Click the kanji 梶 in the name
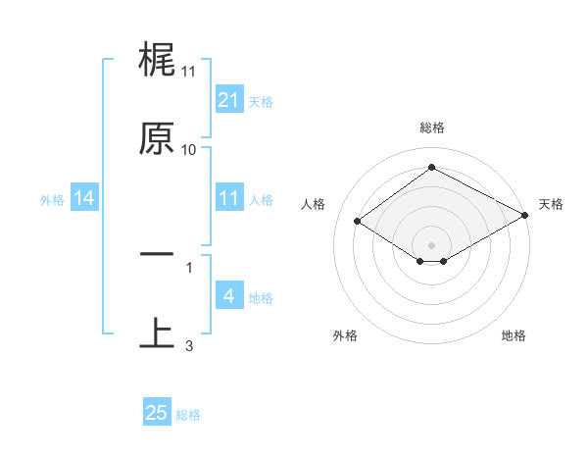click(x=158, y=61)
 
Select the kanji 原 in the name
click(x=158, y=139)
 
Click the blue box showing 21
click(x=228, y=100)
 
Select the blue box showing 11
click(x=228, y=198)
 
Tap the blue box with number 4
click(x=228, y=296)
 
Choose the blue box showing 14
click(x=84, y=198)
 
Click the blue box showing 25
click(x=157, y=413)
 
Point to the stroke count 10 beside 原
click(x=189, y=149)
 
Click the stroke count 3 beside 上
click(x=189, y=345)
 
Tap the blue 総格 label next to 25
click(x=188, y=415)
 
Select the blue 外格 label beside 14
click(x=52, y=199)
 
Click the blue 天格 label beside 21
click(x=261, y=101)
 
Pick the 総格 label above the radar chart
click(x=431, y=128)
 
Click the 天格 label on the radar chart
click(x=551, y=204)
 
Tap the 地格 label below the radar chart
click(x=514, y=335)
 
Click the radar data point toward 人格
click(x=358, y=222)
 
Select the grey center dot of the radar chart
click(x=431, y=244)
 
